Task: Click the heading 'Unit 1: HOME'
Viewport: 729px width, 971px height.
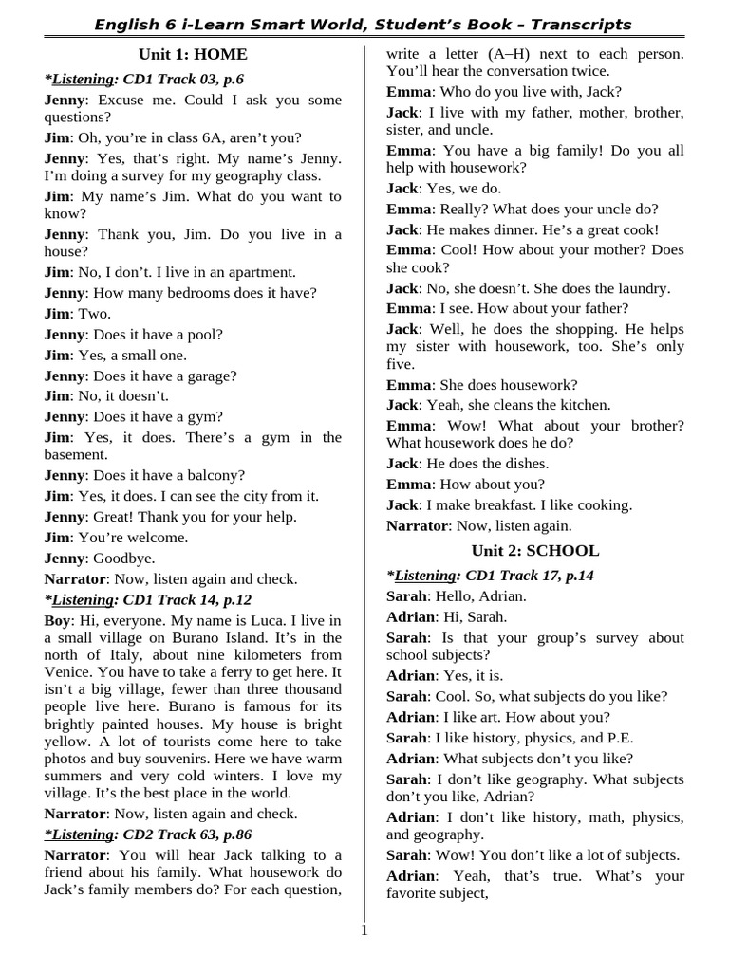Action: [193, 54]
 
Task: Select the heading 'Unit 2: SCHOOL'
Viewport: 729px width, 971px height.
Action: [535, 550]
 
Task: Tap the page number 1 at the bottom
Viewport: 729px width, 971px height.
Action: [364, 929]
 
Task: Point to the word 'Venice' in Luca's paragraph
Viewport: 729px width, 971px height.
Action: [68, 671]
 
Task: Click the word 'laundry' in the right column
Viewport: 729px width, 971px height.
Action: [641, 287]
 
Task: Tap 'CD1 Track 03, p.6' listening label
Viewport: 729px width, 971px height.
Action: [184, 79]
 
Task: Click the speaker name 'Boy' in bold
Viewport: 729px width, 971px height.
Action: [57, 620]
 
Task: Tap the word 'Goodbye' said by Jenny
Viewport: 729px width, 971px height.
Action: [123, 558]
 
